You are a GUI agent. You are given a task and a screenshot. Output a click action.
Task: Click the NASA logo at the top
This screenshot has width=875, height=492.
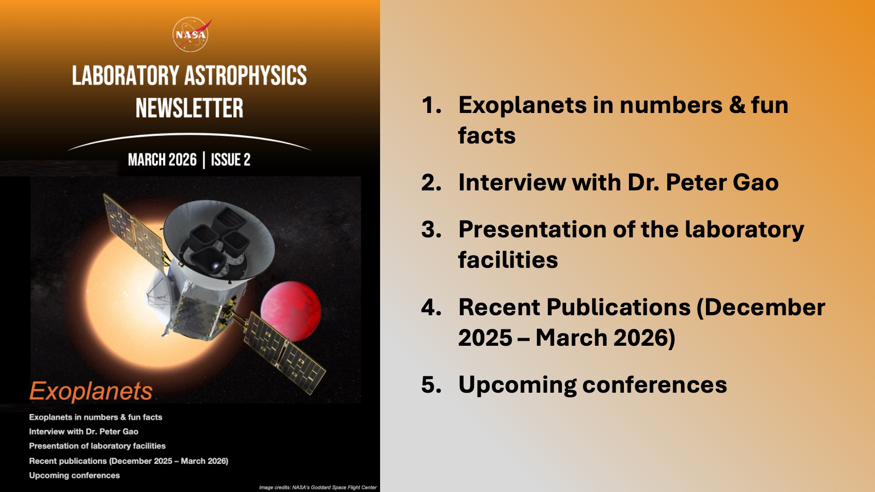pyautogui.click(x=191, y=34)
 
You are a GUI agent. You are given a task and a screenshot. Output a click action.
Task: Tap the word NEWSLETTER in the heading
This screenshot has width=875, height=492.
pyautogui.click(x=189, y=108)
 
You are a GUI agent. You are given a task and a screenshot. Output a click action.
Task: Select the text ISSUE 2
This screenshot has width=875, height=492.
pyautogui.click(x=230, y=160)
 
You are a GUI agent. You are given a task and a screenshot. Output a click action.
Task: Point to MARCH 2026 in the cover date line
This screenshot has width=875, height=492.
pyautogui.click(x=162, y=160)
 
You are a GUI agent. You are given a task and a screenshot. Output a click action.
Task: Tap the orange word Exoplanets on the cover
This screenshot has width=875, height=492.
pyautogui.click(x=91, y=391)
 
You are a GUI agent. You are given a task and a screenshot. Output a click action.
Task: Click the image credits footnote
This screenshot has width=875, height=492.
pyautogui.click(x=318, y=487)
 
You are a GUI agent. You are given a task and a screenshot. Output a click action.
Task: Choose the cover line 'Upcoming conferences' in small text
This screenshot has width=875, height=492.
pyautogui.click(x=74, y=475)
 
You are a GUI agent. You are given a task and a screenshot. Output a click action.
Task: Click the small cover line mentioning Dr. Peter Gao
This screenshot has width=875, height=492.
pyautogui.click(x=83, y=431)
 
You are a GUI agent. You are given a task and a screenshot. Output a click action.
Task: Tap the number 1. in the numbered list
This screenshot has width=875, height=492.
pyautogui.click(x=431, y=105)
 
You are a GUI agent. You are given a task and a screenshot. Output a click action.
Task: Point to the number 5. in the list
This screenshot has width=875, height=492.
pyautogui.click(x=431, y=385)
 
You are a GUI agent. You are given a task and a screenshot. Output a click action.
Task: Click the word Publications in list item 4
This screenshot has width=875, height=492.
pyautogui.click(x=620, y=307)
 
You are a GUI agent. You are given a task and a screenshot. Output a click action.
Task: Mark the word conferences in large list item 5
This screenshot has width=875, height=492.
pyautogui.click(x=654, y=385)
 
